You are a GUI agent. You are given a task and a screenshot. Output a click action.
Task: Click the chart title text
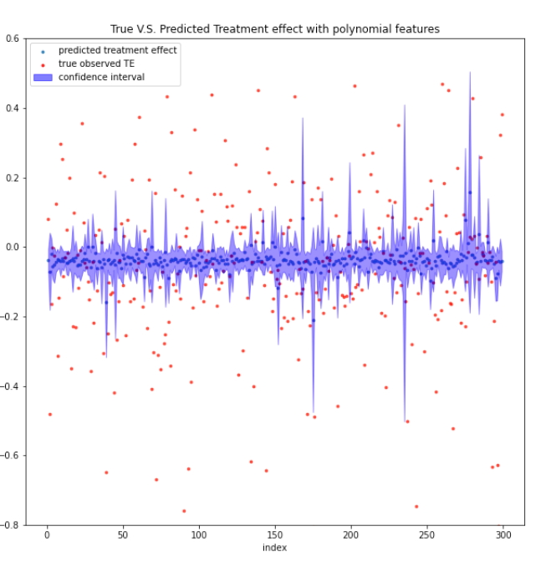coord(275,29)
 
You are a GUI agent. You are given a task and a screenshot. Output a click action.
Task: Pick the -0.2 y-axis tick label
coord(13,317)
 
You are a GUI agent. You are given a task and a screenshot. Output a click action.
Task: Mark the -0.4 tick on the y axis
coord(13,386)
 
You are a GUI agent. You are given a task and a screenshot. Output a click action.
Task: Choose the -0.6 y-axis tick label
coord(13,456)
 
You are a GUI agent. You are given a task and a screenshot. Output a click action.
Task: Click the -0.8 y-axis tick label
coord(13,525)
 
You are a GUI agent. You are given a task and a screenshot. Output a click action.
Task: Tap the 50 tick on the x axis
coord(123,536)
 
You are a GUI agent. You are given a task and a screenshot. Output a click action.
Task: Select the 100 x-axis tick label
coord(199,536)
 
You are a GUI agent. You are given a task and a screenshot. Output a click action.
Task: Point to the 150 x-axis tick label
coord(275,536)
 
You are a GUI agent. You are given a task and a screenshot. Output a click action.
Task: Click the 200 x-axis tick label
coord(351,536)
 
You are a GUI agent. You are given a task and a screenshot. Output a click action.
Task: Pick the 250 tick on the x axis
coord(426,536)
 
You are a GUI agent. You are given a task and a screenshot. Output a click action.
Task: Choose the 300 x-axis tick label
coord(503,536)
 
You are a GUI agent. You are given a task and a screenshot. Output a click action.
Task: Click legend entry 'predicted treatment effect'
coord(117,50)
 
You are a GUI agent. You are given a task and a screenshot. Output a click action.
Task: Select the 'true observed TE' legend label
coord(96,64)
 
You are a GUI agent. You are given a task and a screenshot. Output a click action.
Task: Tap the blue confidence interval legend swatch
coord(42,77)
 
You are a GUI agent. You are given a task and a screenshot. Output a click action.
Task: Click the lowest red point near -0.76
coord(184,511)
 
